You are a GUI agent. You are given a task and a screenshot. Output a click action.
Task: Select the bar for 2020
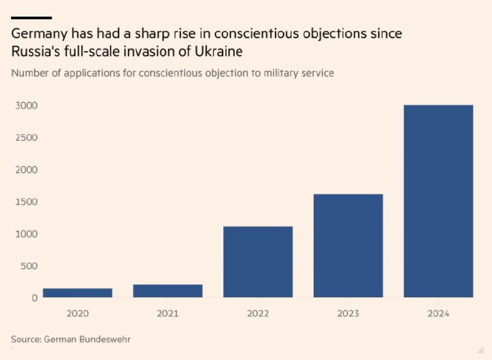click(77, 293)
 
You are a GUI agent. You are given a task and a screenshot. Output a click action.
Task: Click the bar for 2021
click(167, 291)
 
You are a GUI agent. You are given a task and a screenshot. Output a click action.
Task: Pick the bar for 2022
click(258, 262)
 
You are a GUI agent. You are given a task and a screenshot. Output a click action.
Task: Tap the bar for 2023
click(348, 246)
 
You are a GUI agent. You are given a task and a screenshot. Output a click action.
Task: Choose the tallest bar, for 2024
click(438, 201)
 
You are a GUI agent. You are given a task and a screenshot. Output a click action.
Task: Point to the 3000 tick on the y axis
click(26, 106)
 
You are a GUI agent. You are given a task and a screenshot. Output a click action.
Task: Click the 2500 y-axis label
click(26, 138)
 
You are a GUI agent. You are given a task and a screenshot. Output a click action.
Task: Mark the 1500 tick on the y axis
click(26, 202)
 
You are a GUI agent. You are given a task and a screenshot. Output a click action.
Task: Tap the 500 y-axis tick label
click(30, 266)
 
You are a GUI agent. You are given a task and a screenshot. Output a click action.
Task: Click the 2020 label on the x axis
click(77, 313)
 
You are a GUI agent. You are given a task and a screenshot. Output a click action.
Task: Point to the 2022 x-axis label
click(258, 313)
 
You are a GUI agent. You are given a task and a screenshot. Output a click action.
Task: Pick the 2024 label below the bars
click(438, 313)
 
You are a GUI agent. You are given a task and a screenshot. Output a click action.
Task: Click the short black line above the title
click(31, 18)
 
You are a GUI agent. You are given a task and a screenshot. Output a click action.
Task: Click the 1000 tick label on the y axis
click(26, 234)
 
